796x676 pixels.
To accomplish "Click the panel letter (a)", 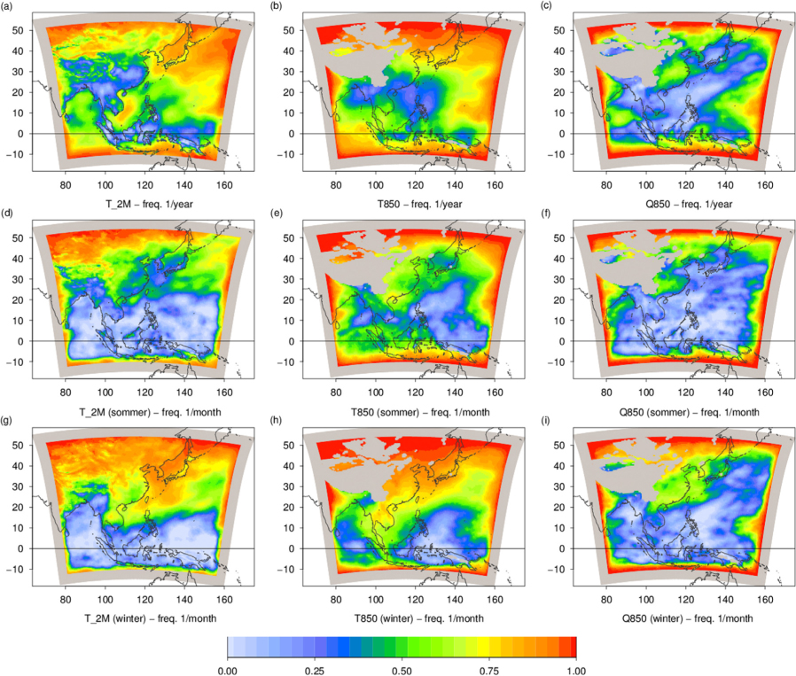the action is click(x=7, y=6).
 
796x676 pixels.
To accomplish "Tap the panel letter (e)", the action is click(x=277, y=214).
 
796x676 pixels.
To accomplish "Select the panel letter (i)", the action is click(x=545, y=421).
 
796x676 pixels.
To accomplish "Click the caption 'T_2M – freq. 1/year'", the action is click(x=149, y=204).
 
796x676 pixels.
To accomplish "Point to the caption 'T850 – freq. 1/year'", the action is click(x=419, y=204).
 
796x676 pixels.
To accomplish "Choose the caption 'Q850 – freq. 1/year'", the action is click(x=689, y=204).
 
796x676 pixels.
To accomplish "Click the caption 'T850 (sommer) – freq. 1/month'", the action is click(x=420, y=412).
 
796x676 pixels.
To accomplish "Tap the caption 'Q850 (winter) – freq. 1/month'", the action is click(x=687, y=618).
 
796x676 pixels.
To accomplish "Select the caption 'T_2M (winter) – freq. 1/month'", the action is click(x=151, y=618).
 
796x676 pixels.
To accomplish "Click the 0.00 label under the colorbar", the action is click(x=228, y=671).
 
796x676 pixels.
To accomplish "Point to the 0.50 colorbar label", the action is click(x=402, y=671).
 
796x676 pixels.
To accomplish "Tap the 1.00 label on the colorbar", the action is click(x=576, y=671).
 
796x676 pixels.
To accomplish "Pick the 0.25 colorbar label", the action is click(x=315, y=671).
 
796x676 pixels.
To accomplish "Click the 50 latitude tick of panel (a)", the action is click(x=19, y=30).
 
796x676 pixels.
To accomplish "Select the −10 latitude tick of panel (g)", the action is click(x=15, y=570).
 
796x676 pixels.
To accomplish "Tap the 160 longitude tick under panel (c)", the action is click(x=765, y=185).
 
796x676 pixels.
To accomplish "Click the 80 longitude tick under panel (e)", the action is click(x=336, y=392).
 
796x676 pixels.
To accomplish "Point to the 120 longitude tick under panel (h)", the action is click(x=415, y=600).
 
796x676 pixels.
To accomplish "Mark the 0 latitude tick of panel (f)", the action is click(x=561, y=341).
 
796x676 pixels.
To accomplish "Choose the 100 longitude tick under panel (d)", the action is click(x=105, y=392).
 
